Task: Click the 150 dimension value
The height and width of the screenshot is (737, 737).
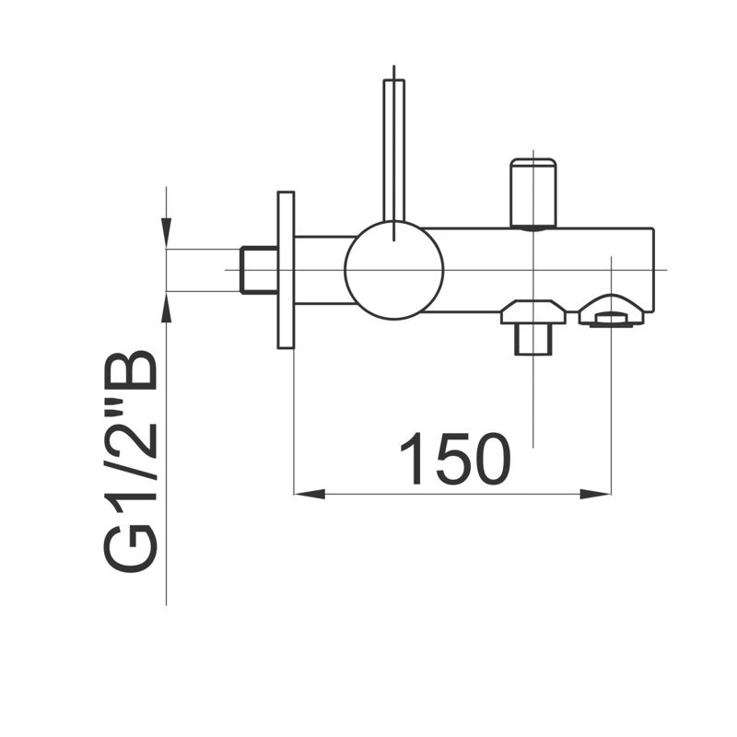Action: tap(455, 458)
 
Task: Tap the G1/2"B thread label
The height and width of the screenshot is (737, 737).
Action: tap(130, 462)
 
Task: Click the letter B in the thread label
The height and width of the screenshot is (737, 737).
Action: tap(130, 370)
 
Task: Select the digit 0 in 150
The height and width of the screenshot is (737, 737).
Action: tap(490, 458)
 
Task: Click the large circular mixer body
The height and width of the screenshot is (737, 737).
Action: tap(394, 270)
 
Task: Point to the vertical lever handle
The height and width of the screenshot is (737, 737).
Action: tap(394, 150)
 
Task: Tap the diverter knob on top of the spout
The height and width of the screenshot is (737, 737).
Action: tap(533, 193)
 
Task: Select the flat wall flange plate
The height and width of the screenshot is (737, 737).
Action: tap(286, 270)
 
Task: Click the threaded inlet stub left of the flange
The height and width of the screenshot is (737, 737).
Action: tap(259, 270)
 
